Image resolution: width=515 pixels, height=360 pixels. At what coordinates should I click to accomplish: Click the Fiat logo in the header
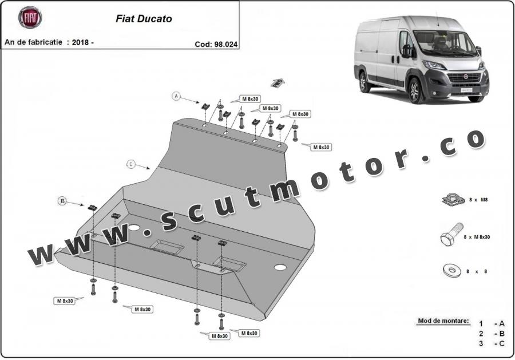click(x=30, y=18)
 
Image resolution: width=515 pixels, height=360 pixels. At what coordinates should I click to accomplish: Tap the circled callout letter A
click(x=177, y=96)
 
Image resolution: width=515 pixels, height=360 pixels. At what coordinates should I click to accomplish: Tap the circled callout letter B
click(x=62, y=200)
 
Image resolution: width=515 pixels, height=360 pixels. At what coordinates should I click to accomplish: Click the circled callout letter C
click(x=131, y=165)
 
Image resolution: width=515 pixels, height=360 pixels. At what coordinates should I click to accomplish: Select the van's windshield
click(x=445, y=43)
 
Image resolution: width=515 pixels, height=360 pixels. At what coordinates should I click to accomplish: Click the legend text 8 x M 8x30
click(x=476, y=237)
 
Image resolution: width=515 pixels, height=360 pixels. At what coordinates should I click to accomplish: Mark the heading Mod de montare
click(x=443, y=321)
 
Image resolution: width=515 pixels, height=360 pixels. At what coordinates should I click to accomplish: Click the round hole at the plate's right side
click(x=280, y=267)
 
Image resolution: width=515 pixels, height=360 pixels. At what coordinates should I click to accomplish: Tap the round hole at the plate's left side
click(x=134, y=228)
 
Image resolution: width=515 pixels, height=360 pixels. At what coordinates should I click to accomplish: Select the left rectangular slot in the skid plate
click(x=167, y=247)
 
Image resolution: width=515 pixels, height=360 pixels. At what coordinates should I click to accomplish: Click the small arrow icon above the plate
click(x=277, y=83)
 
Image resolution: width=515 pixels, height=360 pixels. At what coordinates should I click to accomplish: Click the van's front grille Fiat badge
click(x=465, y=76)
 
